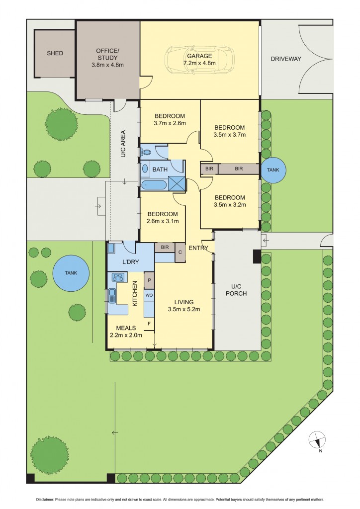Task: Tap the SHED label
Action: click(55, 53)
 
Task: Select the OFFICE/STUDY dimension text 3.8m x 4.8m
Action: click(107, 65)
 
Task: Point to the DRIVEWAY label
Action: click(286, 59)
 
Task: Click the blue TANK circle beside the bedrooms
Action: click(273, 170)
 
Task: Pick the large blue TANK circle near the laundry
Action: click(72, 273)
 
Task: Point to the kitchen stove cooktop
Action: click(119, 277)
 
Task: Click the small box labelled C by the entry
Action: click(180, 253)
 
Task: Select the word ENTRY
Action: click(198, 248)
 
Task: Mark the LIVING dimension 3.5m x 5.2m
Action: click(183, 310)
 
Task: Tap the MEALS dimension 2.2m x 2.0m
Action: click(126, 335)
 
